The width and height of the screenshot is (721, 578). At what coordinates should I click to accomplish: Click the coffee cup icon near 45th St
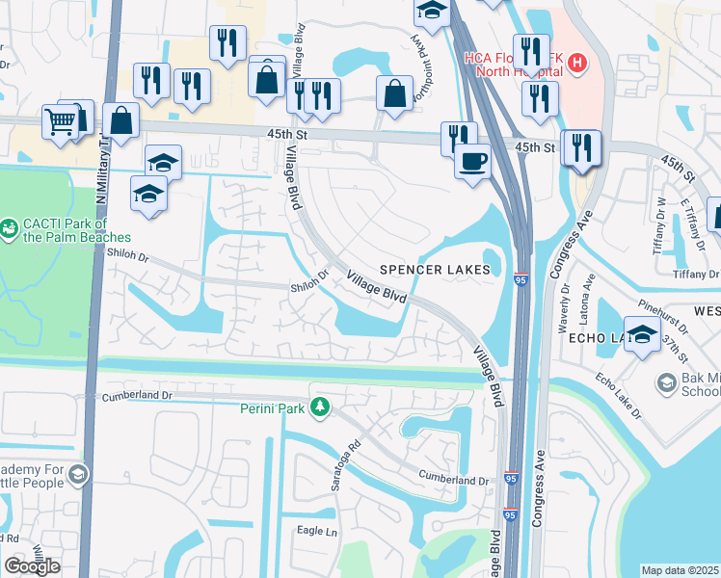coord(472,161)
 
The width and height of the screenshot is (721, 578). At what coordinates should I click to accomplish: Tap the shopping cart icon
coord(60,121)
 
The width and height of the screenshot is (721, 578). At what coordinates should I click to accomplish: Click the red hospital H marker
coord(576,64)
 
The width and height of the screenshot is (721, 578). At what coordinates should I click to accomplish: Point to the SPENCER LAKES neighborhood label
coord(441,270)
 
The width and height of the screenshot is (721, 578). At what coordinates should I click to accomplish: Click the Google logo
coord(32,566)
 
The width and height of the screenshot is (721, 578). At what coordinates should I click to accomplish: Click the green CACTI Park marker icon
coord(10,229)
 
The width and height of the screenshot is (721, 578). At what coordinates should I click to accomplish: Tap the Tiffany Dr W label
coord(661,223)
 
